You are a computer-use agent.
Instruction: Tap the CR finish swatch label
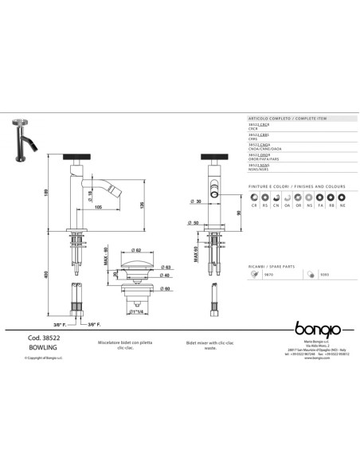255,205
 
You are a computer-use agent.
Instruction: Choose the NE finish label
342,205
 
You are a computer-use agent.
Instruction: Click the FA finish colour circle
320,196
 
